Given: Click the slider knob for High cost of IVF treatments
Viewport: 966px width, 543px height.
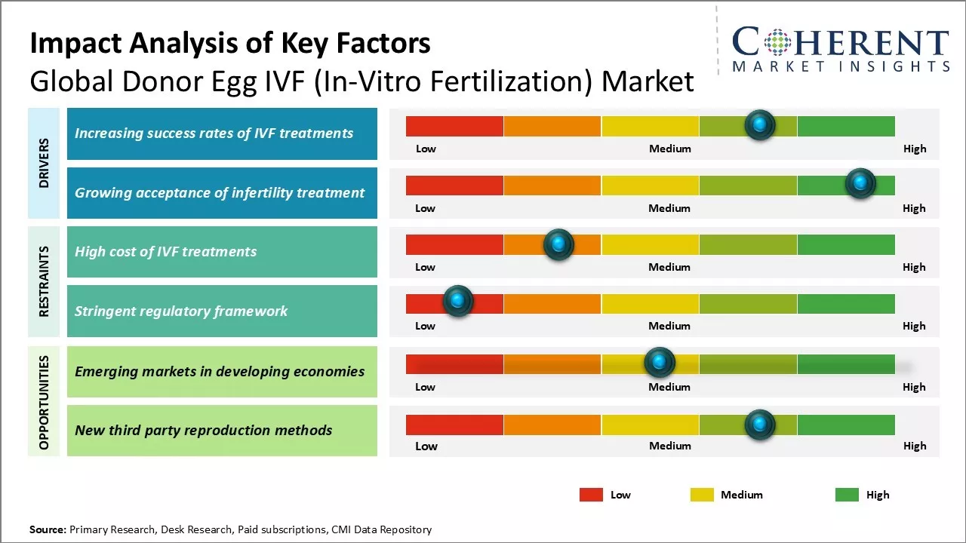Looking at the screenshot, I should pos(558,244).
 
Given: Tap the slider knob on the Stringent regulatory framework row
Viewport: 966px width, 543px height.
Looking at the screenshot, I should pos(457,301).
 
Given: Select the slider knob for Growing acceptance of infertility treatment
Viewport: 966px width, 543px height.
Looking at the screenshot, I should pos(860,183).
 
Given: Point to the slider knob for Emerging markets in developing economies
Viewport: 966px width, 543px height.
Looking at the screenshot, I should pos(660,363).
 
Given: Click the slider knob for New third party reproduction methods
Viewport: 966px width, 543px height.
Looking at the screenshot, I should pos(759,425).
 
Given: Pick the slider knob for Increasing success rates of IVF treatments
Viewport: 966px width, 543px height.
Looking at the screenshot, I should pos(759,124).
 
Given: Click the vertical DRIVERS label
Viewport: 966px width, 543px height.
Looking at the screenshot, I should pos(44,163).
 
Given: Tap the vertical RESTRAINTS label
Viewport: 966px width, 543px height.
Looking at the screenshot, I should pos(44,281).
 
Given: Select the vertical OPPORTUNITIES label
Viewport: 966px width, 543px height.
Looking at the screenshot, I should pos(44,402).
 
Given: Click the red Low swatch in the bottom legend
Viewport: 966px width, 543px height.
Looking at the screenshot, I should pos(591,495).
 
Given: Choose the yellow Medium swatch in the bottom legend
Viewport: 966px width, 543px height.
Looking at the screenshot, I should pos(702,495).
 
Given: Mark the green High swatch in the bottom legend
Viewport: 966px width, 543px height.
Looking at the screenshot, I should pos(847,495).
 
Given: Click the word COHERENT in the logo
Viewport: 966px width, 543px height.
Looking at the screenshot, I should pos(840,43).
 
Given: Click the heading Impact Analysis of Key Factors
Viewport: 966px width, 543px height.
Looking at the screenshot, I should pos(230,44).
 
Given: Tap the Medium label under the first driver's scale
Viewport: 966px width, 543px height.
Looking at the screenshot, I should pos(669,149).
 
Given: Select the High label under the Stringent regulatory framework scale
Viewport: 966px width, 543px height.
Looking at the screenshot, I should pos(914,326).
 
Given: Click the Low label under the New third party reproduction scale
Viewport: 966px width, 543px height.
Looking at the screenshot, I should pos(426,446).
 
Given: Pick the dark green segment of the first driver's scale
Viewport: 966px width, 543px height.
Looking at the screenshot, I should pos(845,126).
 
